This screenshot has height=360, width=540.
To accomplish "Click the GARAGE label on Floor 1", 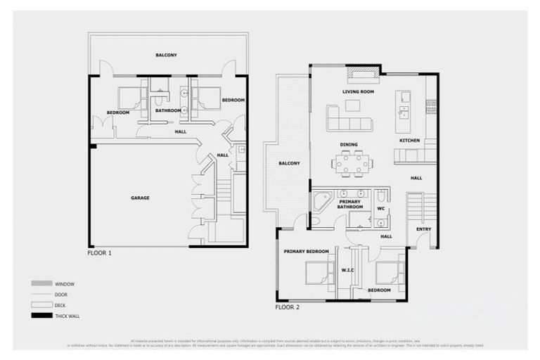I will point(139,198).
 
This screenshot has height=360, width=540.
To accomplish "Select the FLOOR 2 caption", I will point(287,307).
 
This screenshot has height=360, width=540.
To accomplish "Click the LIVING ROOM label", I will point(358,92).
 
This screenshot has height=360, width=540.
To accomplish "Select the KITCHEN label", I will point(409,141).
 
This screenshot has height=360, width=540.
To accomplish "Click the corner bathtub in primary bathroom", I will point(323,201).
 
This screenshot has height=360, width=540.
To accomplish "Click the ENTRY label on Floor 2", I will point(423,229).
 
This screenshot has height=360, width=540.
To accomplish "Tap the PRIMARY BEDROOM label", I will point(306,251).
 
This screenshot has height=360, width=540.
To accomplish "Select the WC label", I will point(380,208).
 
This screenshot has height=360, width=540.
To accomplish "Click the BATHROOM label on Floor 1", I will point(168,110).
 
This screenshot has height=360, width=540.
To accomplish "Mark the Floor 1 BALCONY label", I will point(166,55).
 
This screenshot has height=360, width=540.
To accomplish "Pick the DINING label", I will point(349,145).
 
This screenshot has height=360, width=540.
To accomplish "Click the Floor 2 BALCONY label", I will point(289,163).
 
